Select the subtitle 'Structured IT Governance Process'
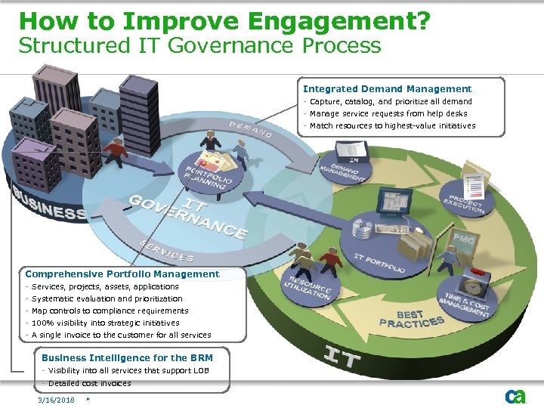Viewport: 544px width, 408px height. [x=199, y=46]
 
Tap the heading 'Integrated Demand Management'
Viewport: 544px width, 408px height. [x=387, y=89]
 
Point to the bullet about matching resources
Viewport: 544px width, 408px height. [x=392, y=126]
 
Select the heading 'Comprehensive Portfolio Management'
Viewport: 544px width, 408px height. [x=122, y=274]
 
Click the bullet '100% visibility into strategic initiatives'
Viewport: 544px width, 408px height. [x=105, y=323]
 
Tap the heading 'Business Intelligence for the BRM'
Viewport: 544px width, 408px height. [x=127, y=358]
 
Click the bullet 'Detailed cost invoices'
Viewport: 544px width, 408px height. [x=88, y=383]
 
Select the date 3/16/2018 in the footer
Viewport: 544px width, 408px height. [x=57, y=400]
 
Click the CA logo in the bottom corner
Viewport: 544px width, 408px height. [x=515, y=396]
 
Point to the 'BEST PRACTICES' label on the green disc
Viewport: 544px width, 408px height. [x=411, y=319]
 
